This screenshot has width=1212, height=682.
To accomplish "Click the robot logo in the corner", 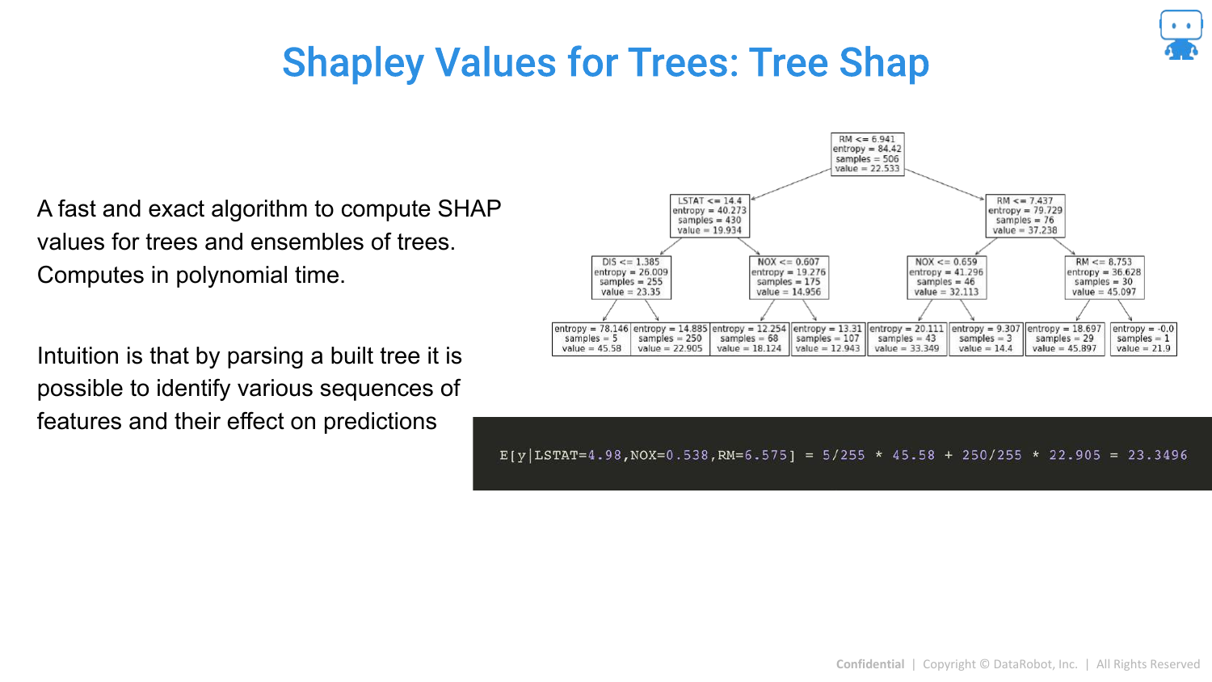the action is (x=1180, y=35).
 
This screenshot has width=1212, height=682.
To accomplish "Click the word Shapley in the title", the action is (x=353, y=63).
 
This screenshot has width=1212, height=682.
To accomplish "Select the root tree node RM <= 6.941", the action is (x=867, y=154).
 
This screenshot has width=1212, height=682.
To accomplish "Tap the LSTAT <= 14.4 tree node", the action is (x=710, y=216).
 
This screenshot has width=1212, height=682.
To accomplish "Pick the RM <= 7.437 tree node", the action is (x=1025, y=216).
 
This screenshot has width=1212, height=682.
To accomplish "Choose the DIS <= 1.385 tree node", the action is (x=631, y=277).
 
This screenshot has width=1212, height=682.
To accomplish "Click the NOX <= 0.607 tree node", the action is (x=789, y=277).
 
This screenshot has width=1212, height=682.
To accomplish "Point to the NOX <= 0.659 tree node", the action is (x=947, y=277).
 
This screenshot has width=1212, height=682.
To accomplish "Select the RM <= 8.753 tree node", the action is (x=1105, y=277).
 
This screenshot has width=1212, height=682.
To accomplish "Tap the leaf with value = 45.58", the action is (x=591, y=339).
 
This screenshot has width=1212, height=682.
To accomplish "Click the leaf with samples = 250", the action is (x=671, y=339).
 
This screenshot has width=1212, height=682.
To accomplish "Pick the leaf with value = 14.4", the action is (x=986, y=339).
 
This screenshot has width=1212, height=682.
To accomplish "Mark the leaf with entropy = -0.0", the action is (x=1143, y=339).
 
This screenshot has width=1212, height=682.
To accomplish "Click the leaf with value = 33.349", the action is (x=907, y=339).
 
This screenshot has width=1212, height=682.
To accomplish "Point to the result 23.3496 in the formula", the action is (x=1157, y=455).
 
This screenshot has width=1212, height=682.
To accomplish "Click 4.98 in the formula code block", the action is (x=604, y=455).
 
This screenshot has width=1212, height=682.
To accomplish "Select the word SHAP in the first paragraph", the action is (x=469, y=209).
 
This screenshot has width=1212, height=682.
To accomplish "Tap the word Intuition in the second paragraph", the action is (x=78, y=356).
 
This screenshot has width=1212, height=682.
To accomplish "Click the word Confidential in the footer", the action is (x=870, y=664).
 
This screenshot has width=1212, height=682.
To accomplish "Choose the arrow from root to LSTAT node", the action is (x=790, y=184).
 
